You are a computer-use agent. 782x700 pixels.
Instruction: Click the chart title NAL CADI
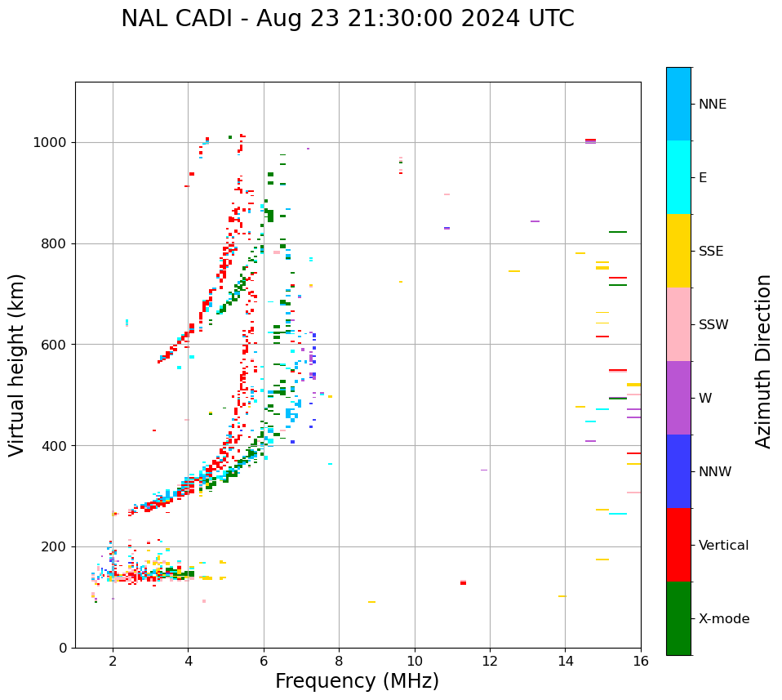(347, 19)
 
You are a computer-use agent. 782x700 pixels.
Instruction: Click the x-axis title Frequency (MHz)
(357, 681)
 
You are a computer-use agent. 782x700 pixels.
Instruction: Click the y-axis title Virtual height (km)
(17, 365)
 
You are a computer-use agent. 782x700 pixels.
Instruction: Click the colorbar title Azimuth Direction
(763, 361)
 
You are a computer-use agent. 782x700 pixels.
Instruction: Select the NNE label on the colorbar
(712, 105)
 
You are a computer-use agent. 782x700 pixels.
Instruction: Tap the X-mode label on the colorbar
(723, 619)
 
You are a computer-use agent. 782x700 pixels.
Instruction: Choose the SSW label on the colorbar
(713, 325)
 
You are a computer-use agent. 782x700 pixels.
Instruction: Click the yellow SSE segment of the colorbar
(678, 251)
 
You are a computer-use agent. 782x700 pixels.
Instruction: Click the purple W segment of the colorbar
(678, 398)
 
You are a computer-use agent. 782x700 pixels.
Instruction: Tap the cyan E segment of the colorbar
(678, 177)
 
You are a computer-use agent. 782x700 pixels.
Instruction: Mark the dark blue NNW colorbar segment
(678, 471)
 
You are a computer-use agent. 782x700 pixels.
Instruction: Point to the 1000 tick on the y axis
(54, 143)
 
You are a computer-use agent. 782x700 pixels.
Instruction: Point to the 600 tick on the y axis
(58, 345)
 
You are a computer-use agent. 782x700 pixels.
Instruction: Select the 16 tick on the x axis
(641, 660)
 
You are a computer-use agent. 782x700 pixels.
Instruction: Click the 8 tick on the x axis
(339, 660)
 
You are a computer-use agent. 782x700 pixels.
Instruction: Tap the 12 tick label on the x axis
(490, 660)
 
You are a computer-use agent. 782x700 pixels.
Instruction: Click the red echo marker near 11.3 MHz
(463, 582)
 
